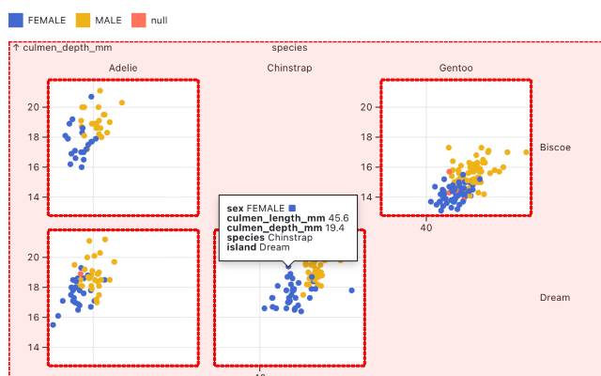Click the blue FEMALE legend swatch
coord(15,20)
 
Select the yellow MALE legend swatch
coord(83,20)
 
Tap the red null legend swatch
coord(138,20)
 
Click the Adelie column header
coord(123,68)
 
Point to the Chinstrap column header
coord(289,68)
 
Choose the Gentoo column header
coord(455,68)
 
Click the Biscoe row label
coord(555,148)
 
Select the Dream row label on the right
coord(554,298)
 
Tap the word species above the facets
coord(289,47)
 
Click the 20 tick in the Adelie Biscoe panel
coord(33,107)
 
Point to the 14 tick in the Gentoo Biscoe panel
coord(366,197)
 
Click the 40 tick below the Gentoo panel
coord(425,227)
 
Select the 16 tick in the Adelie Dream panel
coord(33,318)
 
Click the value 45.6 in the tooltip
coord(338,218)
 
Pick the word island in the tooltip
coord(241,247)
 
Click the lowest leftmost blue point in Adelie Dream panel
coord(53,325)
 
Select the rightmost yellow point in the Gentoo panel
coord(527,152)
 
